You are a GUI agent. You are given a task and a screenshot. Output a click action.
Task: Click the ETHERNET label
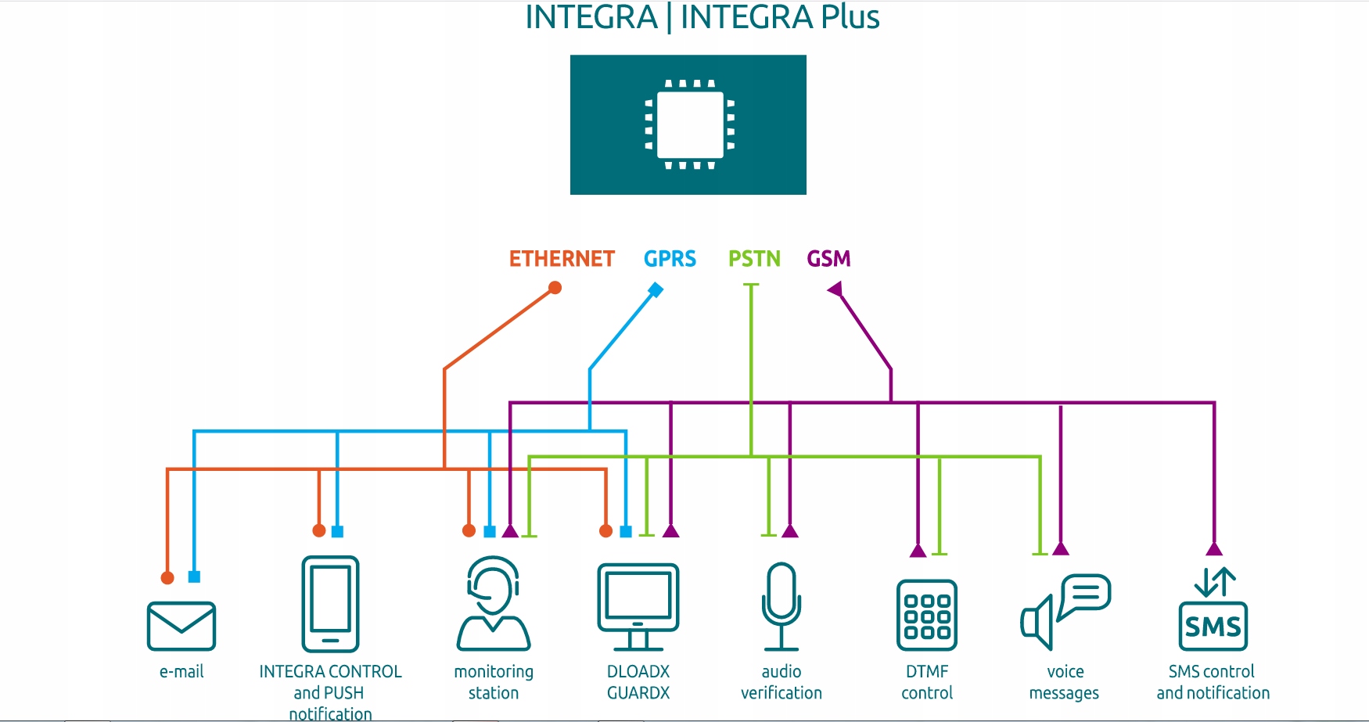562,259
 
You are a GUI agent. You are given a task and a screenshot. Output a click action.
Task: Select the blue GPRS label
670,259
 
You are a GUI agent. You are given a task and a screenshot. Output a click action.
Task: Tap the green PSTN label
754,259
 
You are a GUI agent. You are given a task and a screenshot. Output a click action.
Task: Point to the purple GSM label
828,259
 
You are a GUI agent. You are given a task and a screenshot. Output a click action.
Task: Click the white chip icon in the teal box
689,125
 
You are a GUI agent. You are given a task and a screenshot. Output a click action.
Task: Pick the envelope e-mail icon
181,626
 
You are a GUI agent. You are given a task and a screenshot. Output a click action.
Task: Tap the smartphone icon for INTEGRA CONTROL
330,604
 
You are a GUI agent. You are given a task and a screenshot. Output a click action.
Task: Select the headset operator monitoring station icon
494,604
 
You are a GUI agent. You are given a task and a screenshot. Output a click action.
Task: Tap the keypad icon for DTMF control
927,615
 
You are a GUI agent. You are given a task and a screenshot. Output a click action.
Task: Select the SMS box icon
1213,625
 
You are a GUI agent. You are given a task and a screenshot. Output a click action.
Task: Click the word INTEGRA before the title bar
591,17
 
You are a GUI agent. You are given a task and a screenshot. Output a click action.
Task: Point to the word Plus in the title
850,17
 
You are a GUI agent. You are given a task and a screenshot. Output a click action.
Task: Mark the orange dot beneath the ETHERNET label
555,288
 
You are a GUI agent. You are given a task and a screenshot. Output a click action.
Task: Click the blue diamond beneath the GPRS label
656,290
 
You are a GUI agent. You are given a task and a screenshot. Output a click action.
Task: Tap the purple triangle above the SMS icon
1214,548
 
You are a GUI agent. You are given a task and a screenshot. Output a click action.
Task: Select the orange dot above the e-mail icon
167,578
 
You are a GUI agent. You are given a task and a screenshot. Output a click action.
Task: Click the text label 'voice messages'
1065,682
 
